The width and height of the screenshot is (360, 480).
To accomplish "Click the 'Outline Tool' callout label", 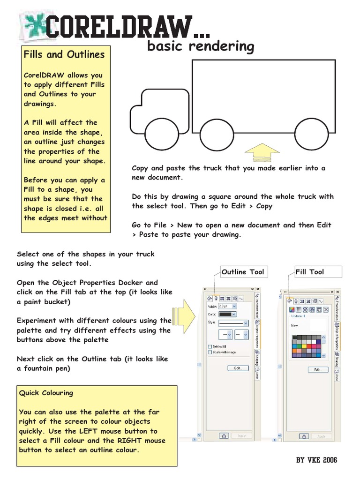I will [x=242, y=272].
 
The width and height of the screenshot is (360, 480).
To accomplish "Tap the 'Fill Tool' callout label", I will [x=310, y=272].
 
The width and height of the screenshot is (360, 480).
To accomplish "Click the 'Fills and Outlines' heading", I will [x=64, y=54].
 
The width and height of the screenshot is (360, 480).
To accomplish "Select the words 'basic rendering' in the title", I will [x=201, y=46].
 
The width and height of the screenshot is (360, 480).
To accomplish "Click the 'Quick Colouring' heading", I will [x=46, y=393].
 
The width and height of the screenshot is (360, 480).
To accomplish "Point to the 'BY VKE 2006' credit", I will [x=316, y=460].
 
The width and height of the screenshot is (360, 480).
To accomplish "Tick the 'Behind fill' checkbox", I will [x=210, y=346].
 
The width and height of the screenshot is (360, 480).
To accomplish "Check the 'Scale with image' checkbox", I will [x=210, y=352].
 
